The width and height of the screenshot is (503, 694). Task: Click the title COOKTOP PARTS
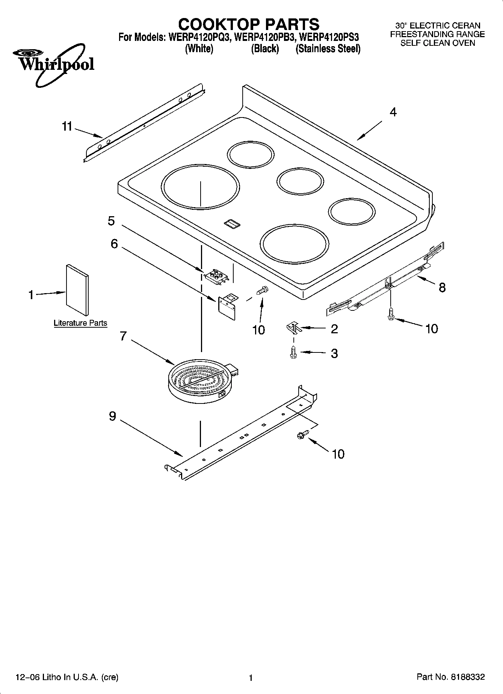coord(248,25)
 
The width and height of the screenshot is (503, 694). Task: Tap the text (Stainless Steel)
coord(328,49)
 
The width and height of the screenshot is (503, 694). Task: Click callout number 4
coord(393,112)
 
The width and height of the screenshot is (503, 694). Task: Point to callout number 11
coord(67,127)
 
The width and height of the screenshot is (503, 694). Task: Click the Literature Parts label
coord(80,323)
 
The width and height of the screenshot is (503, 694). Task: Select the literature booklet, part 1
coord(78,289)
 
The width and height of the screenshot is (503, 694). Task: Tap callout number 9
coord(112,416)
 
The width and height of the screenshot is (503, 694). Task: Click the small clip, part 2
coord(293,328)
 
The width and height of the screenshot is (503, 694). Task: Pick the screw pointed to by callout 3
coord(293,352)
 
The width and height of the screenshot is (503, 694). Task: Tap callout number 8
coord(442,288)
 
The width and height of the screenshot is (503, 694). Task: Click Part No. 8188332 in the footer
coord(451,677)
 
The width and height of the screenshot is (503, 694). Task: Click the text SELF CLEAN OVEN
coord(437,43)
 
